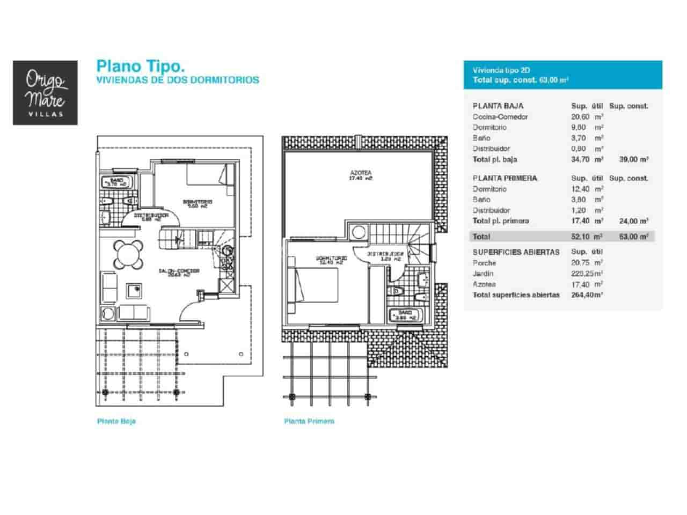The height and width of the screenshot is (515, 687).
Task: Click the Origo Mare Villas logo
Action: (45, 93)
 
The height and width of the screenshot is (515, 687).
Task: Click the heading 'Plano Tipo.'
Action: (141, 66)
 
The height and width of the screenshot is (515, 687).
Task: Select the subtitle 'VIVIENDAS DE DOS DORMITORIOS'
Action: (177, 80)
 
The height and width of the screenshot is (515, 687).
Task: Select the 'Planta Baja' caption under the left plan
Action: (116, 421)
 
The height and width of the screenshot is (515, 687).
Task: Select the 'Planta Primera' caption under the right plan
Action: (309, 421)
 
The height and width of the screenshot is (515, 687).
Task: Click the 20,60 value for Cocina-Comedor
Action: (580, 116)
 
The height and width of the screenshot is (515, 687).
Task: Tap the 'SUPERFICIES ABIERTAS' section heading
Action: (516, 252)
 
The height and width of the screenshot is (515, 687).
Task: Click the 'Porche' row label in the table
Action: (484, 263)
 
